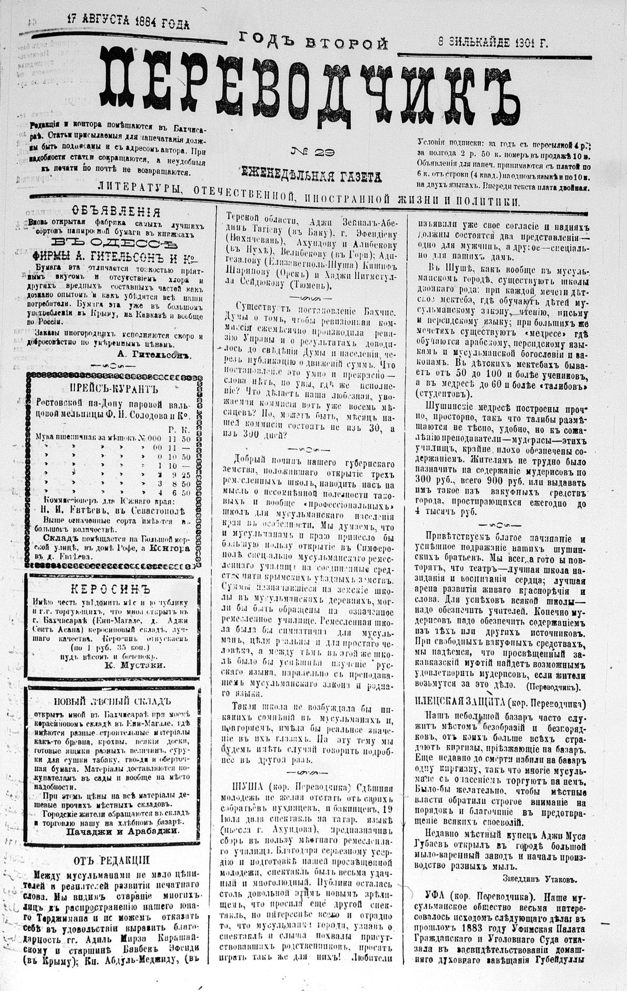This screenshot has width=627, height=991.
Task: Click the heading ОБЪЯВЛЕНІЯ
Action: (116, 212)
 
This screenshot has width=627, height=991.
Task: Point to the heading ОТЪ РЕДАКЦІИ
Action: (112, 859)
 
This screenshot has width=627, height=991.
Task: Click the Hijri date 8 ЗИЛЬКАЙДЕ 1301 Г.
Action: (493, 43)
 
